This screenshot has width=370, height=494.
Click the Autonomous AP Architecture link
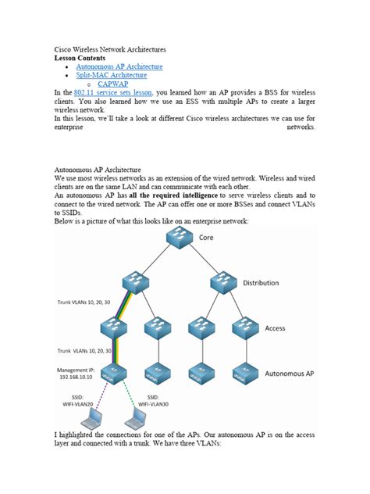119,67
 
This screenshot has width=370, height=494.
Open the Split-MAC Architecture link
111,75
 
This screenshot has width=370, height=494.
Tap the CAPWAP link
113,84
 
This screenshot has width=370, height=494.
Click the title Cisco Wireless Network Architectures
109,50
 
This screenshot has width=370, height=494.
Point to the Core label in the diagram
206,238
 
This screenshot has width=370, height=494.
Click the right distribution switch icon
222,285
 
